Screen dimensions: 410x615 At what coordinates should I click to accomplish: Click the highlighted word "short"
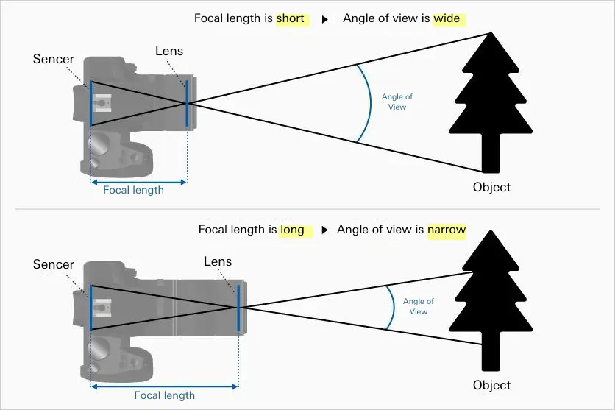click(x=290, y=18)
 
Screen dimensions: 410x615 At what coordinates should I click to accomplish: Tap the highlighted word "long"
click(x=292, y=230)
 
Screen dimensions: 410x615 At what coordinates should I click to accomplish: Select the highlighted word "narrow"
click(x=447, y=230)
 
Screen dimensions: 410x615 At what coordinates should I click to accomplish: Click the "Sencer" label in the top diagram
click(x=54, y=59)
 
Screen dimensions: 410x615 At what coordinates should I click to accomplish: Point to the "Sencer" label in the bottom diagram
click(x=54, y=264)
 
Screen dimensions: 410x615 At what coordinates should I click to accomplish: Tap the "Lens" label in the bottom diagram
click(x=218, y=261)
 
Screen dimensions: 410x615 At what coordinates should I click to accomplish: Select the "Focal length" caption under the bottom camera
click(x=165, y=395)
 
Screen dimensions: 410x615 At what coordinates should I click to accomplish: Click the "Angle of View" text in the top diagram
click(x=397, y=102)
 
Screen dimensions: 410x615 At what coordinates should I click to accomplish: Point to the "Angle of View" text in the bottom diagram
click(x=419, y=306)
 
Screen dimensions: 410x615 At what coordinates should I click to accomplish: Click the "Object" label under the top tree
click(x=491, y=187)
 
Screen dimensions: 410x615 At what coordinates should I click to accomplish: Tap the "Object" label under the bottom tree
click(x=491, y=385)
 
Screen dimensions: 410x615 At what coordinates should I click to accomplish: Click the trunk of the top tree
click(x=491, y=155)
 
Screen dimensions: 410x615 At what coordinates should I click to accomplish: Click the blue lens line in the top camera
click(x=187, y=103)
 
